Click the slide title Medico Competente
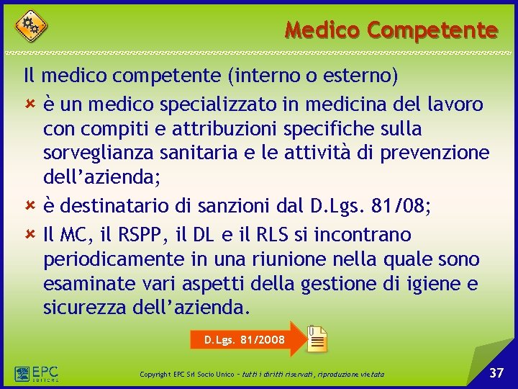391,30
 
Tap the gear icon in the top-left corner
31,26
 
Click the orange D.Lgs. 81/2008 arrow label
244,339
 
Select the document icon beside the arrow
317,339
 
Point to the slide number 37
496,372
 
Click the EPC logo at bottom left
36,373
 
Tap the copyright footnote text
262,375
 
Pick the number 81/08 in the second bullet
401,207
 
